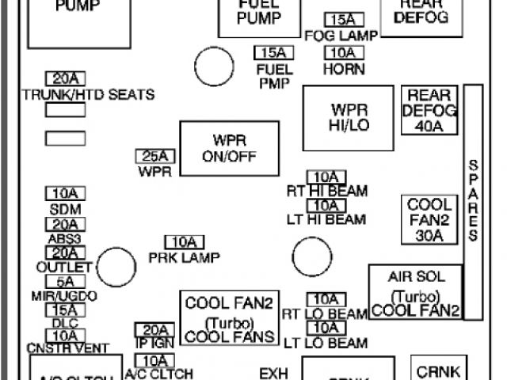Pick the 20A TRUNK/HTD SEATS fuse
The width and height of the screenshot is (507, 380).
point(65,78)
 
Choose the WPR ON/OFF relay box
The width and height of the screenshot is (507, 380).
point(229,148)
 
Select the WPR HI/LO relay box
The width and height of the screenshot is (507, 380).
point(349,118)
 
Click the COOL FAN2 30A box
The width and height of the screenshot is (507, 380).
point(430,219)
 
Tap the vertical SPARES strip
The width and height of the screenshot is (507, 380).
point(473,201)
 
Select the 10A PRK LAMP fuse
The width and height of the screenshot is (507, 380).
point(184,242)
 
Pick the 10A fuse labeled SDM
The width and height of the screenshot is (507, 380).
point(65,194)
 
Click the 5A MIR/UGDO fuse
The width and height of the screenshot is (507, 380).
point(65,281)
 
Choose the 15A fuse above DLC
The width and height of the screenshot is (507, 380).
point(65,310)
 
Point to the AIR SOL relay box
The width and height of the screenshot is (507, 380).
point(416,291)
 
